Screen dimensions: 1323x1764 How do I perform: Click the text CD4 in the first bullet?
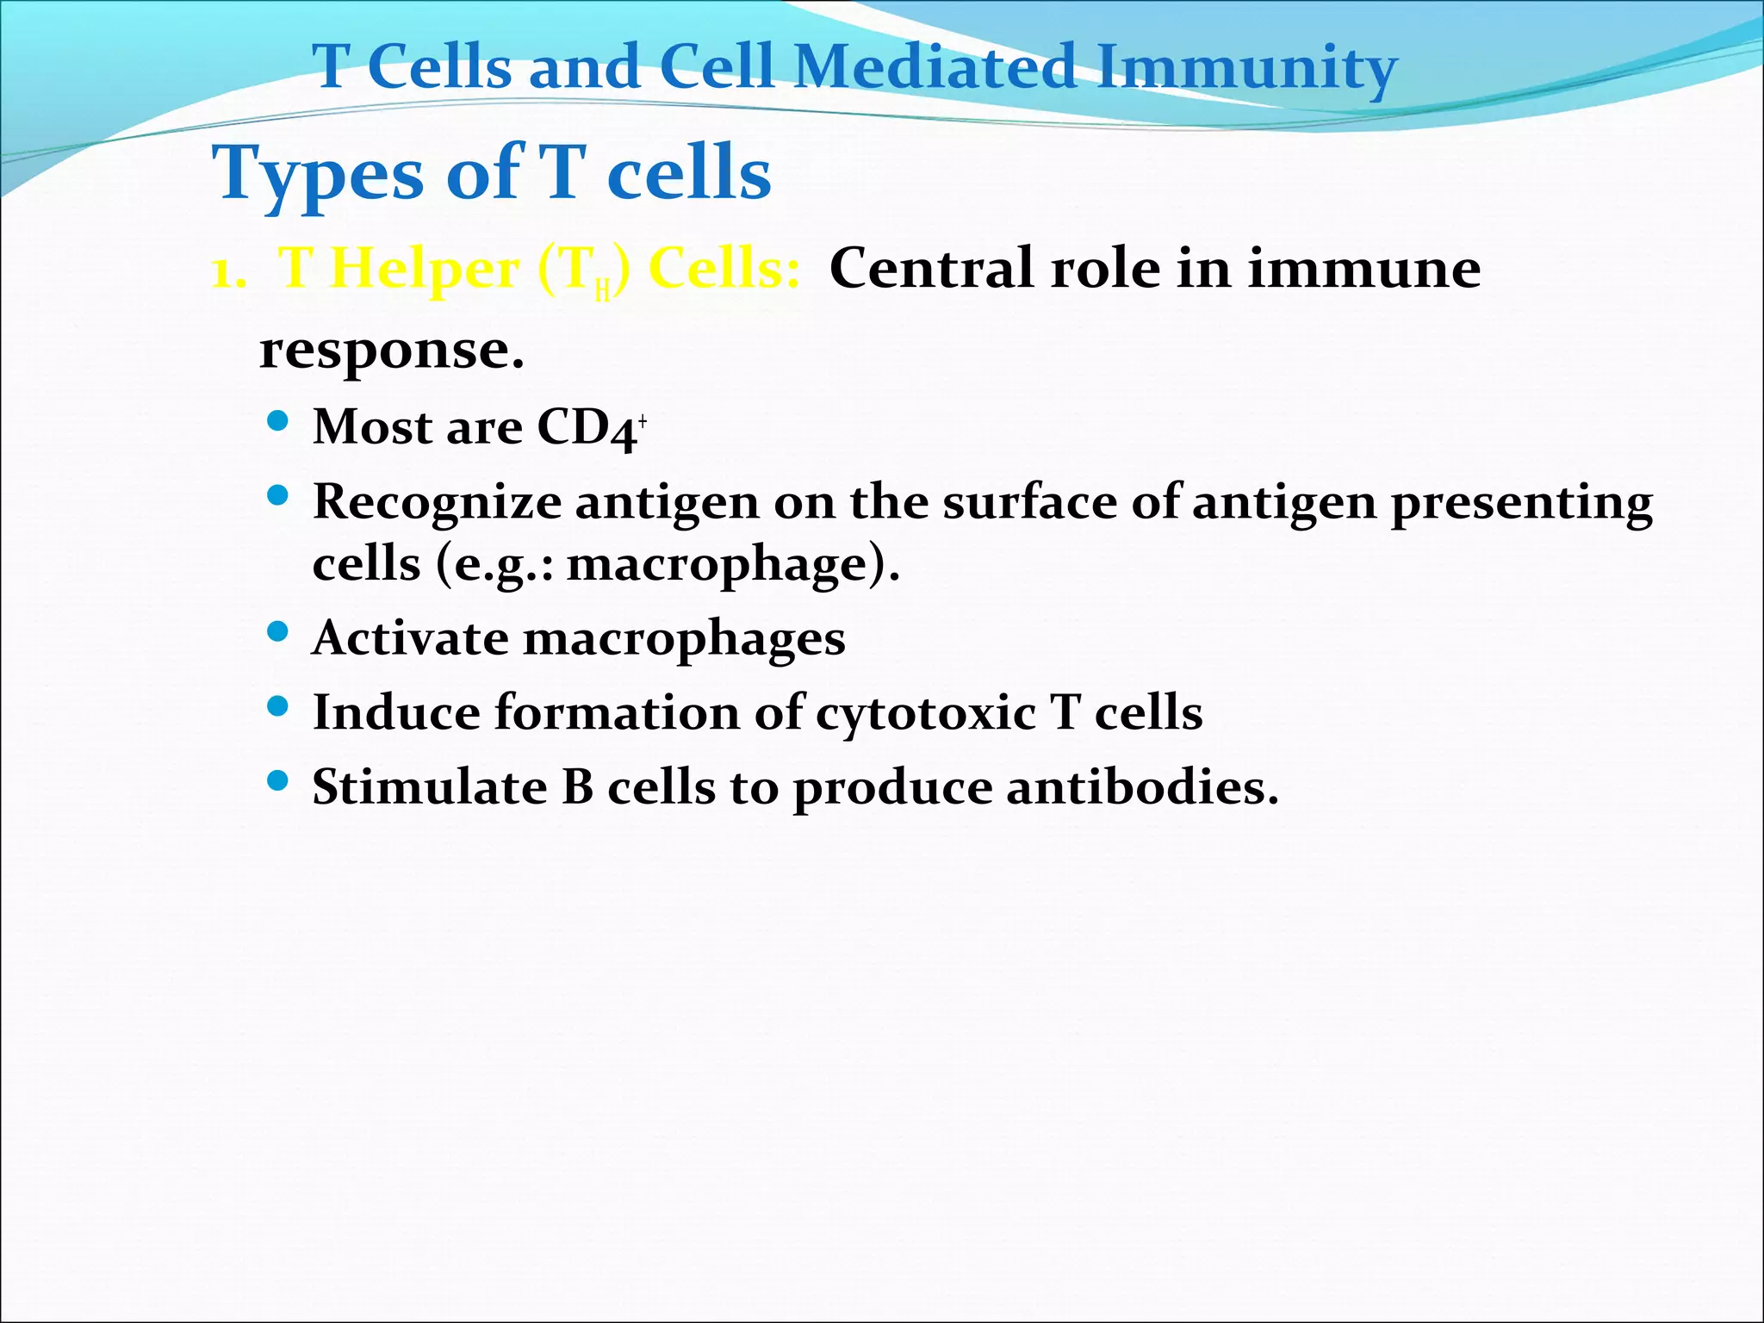(586, 427)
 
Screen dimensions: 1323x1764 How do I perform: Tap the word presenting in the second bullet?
(1522, 503)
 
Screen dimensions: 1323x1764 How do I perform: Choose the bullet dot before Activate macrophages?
(277, 633)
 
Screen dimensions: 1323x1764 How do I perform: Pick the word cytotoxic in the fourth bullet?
(925, 714)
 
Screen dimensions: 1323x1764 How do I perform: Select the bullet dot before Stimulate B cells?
(277, 781)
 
